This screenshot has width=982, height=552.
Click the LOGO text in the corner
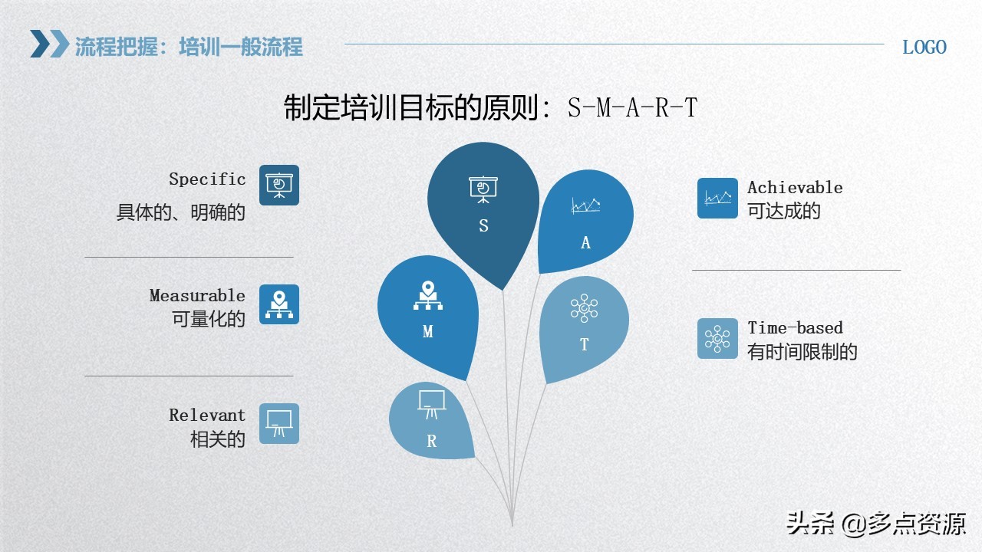[x=924, y=47]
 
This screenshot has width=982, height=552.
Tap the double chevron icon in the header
[x=49, y=44]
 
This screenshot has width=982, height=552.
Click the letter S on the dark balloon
[x=483, y=226]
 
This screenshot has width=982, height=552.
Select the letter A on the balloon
[x=586, y=243]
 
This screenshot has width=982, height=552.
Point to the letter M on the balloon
[x=428, y=332]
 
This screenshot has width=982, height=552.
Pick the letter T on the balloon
[x=585, y=345]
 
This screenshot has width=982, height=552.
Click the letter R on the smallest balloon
[x=432, y=442]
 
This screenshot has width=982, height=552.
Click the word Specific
[x=207, y=179]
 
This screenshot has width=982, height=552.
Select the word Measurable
[x=197, y=296]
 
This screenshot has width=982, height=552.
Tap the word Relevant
[x=207, y=416]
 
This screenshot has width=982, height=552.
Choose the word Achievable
[x=795, y=188]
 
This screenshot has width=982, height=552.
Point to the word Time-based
[x=795, y=328]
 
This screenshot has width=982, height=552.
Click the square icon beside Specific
[x=279, y=185]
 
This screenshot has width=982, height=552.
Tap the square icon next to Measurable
[x=279, y=304]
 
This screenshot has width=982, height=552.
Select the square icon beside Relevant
[x=279, y=423]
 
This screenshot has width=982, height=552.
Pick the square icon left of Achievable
[x=717, y=199]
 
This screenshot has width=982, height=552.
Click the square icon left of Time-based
[x=717, y=339]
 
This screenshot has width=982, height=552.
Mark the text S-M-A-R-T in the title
[x=633, y=108]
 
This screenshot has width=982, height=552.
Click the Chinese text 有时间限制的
[x=802, y=353]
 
